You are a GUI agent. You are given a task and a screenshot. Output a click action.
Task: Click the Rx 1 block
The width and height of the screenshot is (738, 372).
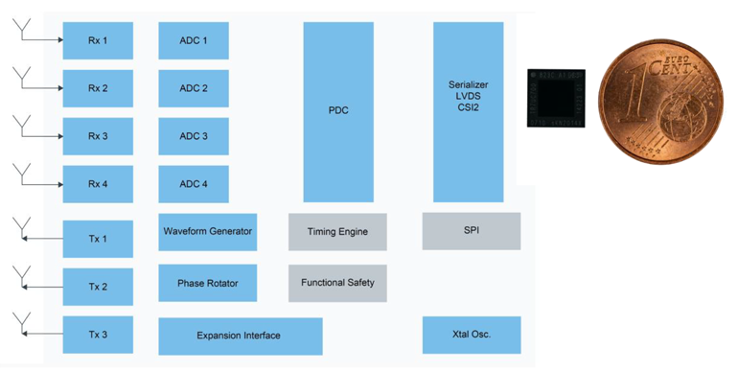(98, 40)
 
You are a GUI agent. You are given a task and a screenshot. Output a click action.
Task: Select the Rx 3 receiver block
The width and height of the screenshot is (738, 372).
(98, 136)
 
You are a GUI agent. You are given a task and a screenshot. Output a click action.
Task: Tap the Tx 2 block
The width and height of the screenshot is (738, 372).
(98, 287)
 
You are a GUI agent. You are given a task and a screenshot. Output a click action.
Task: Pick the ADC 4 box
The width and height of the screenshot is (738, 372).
(193, 184)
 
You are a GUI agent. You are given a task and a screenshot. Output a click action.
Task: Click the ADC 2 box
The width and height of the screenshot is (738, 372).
(193, 88)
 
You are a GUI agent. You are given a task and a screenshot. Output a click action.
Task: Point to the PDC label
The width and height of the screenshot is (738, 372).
(337, 111)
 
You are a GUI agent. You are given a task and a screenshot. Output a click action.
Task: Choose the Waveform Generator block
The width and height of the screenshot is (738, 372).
(207, 232)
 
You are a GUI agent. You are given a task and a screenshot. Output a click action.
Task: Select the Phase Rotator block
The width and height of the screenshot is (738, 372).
(207, 283)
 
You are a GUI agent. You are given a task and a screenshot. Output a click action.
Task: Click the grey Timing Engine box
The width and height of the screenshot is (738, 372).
(337, 232)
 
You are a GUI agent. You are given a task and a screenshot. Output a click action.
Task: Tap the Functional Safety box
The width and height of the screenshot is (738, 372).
(337, 283)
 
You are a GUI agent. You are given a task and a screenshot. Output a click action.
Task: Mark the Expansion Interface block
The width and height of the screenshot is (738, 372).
(240, 336)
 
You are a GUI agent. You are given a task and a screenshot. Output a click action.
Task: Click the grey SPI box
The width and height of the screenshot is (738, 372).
(471, 231)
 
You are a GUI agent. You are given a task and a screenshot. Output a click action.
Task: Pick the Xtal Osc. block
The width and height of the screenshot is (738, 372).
(471, 335)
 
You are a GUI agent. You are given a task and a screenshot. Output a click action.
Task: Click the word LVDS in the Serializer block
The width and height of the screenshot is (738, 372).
(469, 96)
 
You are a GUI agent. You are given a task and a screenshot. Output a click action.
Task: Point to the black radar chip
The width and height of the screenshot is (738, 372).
(556, 98)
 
